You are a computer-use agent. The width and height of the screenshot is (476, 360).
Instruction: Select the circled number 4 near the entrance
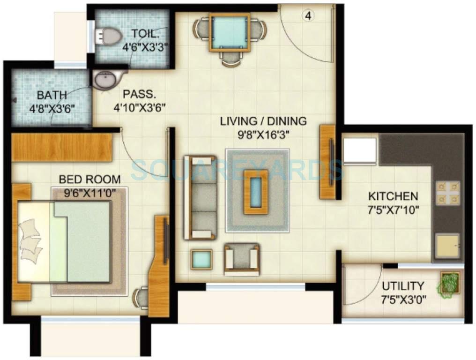[x=308, y=15]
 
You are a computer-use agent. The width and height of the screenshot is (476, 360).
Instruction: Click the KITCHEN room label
[x=393, y=196]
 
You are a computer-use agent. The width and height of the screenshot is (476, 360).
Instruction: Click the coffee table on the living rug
[x=256, y=191]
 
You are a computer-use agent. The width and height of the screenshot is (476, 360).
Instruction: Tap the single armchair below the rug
[x=242, y=259]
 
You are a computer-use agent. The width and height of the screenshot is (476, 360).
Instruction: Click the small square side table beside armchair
[x=201, y=259]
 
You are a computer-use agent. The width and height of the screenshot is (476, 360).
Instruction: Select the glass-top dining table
[x=229, y=32]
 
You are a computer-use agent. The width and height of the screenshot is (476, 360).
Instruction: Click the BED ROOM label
[x=89, y=180]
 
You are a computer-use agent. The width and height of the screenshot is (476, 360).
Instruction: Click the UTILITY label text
[x=402, y=285]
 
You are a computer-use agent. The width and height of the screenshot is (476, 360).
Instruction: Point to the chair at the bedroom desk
[x=141, y=297]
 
